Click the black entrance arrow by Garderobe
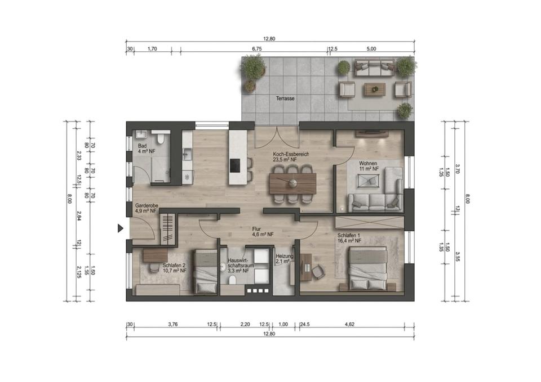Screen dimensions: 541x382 coord(121,228)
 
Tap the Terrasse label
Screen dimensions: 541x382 coord(285,98)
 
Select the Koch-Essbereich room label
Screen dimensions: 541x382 coord(291,154)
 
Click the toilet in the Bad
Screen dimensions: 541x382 coord(159,138)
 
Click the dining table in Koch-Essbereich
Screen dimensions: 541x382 coord(292,183)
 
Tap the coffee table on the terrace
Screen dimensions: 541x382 coord(374,89)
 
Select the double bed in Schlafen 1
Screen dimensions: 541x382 coord(368,268)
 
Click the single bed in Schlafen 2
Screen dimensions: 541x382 coord(205,272)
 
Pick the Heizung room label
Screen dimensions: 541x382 coord(285,257)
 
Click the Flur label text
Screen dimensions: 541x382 coord(256,229)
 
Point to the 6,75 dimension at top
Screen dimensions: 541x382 coord(257,49)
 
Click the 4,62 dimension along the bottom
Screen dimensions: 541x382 coord(349,324)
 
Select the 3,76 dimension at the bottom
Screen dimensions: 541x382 coord(172,324)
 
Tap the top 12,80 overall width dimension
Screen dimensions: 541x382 coord(269,39)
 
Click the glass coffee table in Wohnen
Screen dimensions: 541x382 coord(369,181)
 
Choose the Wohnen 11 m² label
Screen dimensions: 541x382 coord(368,166)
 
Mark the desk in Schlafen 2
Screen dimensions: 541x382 coord(156,255)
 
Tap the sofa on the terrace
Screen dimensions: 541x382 coord(374,68)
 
